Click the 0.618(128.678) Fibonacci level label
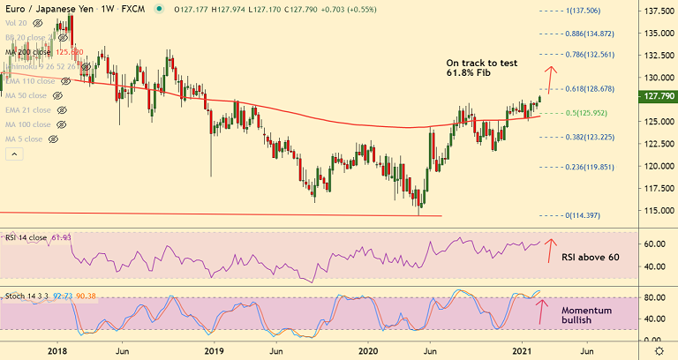589,90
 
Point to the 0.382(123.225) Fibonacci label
589,137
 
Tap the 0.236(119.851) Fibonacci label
589,167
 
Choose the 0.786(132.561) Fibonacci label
589,55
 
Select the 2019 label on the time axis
215,349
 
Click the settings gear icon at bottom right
657,349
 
